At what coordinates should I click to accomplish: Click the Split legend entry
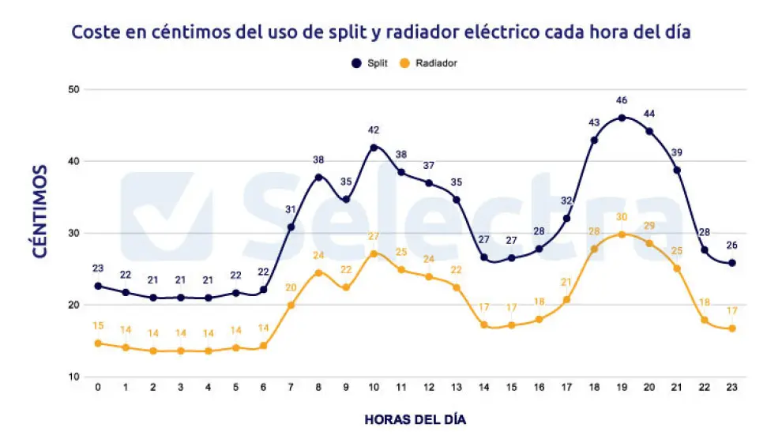371,62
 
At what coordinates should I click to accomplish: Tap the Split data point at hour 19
622,118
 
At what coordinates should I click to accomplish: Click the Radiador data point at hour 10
374,253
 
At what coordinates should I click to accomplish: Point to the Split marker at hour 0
98,286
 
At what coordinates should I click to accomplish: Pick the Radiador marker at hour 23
731,328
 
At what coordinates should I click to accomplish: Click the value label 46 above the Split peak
622,100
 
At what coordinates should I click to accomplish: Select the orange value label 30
622,217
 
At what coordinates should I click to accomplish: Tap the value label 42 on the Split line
374,129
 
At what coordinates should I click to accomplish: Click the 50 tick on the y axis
75,89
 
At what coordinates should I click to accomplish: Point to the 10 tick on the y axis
75,377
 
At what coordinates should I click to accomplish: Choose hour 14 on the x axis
483,388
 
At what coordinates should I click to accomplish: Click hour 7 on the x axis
291,388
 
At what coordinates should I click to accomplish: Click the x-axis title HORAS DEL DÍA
415,418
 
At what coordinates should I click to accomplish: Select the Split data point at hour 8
318,177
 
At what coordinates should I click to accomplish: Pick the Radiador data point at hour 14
483,325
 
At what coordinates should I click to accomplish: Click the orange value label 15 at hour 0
98,326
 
